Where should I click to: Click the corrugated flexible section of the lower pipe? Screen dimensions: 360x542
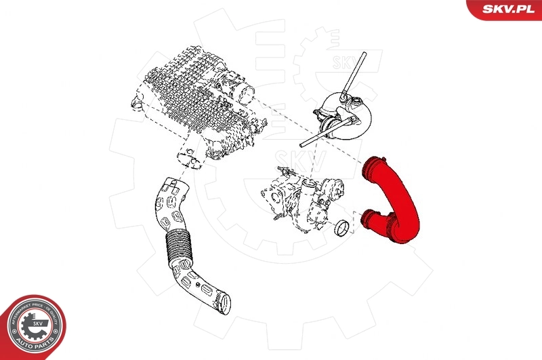[179, 247]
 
